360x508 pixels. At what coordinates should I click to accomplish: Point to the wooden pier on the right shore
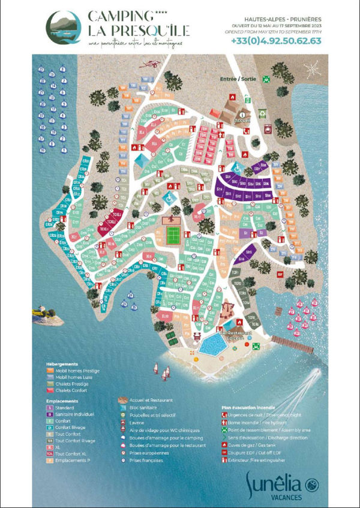coord(293,345)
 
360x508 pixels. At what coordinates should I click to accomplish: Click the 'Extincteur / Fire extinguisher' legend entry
coord(259,460)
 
